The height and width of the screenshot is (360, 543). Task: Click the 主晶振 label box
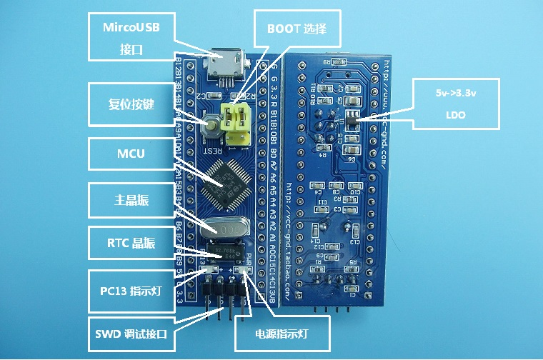pos(131,201)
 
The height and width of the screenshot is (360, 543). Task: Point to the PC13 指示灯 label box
pos(131,291)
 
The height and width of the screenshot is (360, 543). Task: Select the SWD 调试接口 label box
pos(131,334)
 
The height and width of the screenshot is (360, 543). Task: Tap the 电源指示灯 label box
pos(282,333)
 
